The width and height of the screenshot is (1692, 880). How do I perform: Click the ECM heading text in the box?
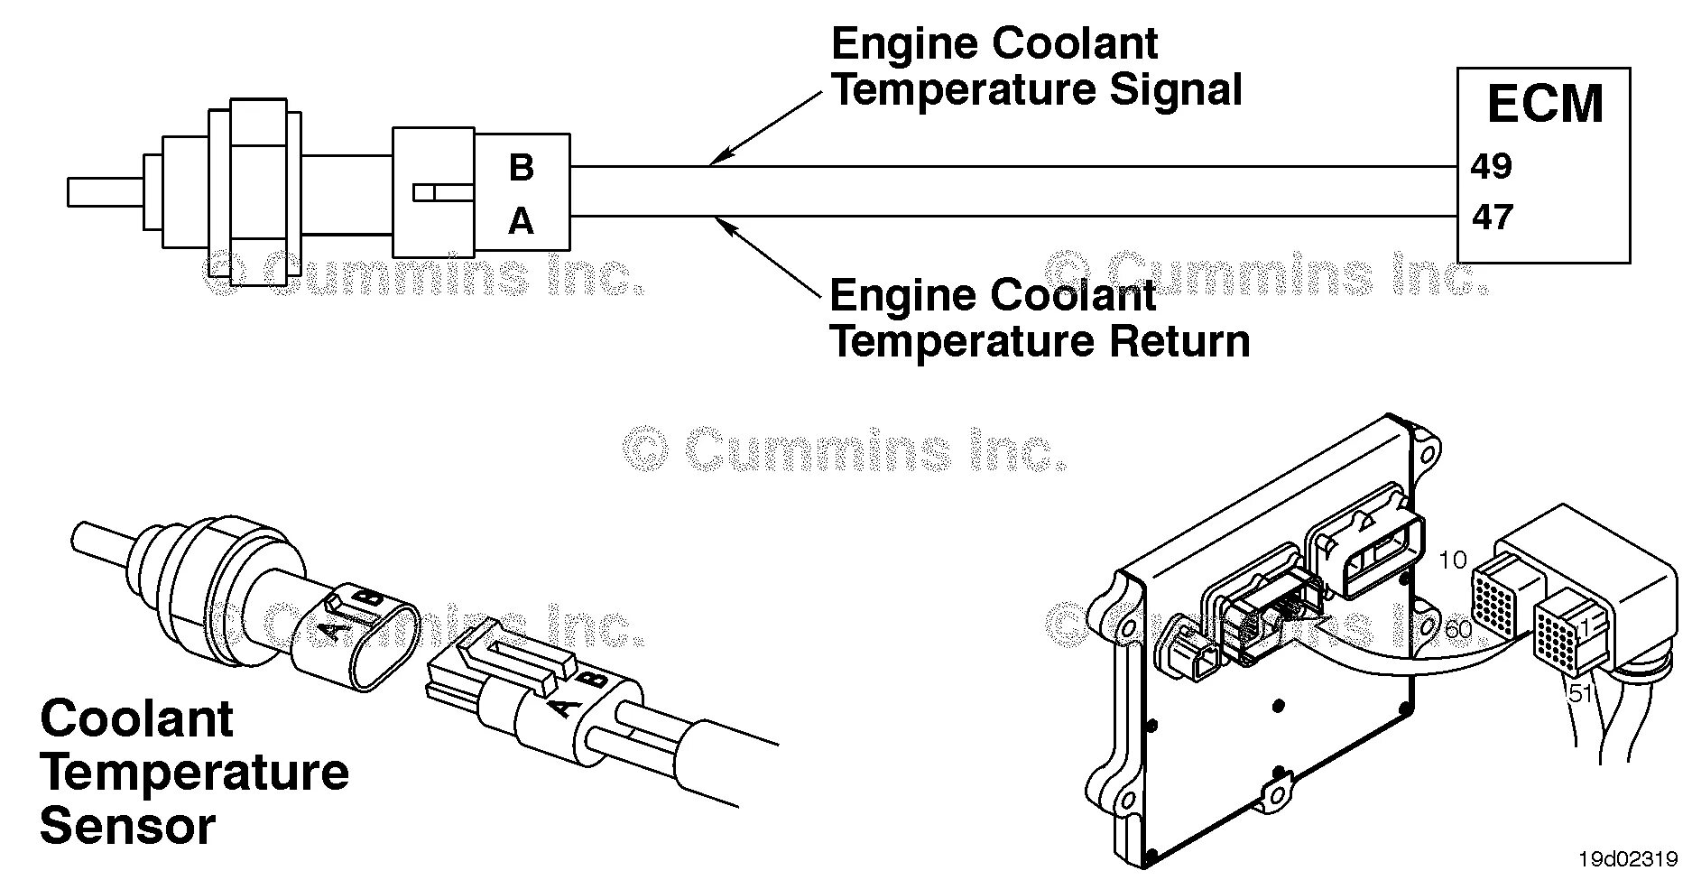[1544, 104]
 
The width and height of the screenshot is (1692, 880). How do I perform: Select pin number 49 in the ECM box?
[1491, 166]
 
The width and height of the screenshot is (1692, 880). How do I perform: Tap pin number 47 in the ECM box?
[1492, 218]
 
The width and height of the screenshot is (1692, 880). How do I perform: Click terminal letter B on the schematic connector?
[521, 168]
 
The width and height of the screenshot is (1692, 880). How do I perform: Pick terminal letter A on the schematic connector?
[521, 221]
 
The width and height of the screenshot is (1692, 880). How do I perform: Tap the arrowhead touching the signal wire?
[715, 161]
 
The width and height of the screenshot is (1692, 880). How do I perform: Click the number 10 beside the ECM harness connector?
[1452, 560]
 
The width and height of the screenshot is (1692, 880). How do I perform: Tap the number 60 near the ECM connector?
[1457, 629]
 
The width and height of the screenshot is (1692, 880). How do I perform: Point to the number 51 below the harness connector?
[1580, 693]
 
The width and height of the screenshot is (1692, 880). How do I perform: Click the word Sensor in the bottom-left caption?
[127, 827]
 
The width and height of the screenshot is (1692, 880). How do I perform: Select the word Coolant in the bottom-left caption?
[136, 719]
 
